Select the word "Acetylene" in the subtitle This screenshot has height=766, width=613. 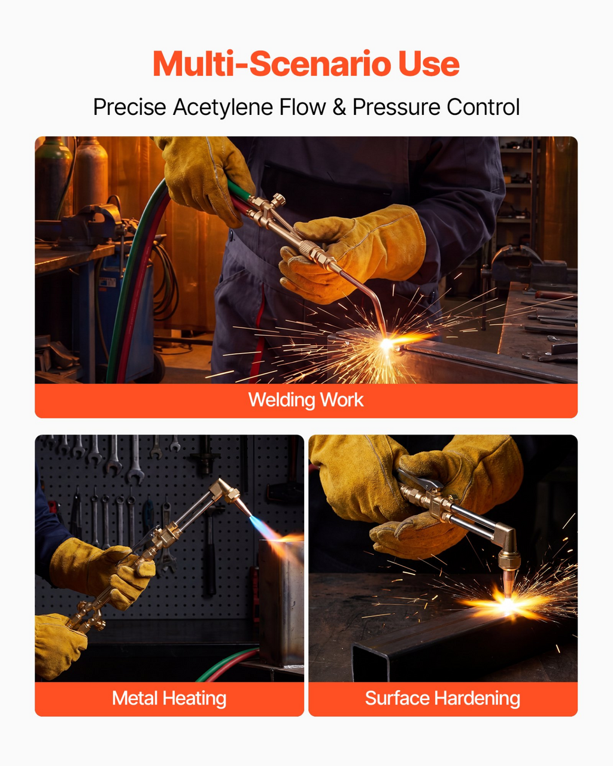tap(223, 107)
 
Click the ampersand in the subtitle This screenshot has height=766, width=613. tap(339, 107)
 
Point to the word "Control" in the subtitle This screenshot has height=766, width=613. tap(483, 107)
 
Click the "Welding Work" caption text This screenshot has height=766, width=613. tap(306, 400)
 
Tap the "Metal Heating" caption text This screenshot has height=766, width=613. tap(169, 698)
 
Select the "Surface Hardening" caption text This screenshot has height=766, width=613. tap(443, 698)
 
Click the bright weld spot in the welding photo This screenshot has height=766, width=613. tap(386, 344)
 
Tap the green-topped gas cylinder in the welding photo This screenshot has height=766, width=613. tap(53, 178)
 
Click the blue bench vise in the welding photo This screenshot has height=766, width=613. tap(95, 224)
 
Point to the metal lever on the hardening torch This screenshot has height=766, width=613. tap(420, 478)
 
